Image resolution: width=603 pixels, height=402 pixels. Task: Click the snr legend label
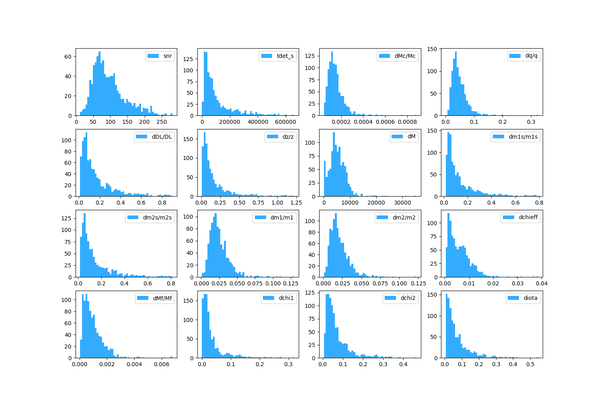pyautogui.click(x=168, y=56)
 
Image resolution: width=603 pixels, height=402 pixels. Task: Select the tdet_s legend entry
pyautogui.click(x=285, y=56)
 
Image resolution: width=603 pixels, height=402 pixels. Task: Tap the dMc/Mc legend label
pyautogui.click(x=405, y=56)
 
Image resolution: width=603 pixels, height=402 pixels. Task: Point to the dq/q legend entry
pyautogui.click(x=531, y=56)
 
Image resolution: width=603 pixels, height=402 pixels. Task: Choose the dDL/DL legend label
pyautogui.click(x=162, y=137)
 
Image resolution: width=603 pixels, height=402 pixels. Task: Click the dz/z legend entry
pyautogui.click(x=288, y=137)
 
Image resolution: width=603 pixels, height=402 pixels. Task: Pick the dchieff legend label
pyautogui.click(x=528, y=217)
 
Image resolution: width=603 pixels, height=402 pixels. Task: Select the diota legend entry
pyautogui.click(x=530, y=298)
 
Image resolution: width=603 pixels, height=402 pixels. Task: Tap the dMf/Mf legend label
pyautogui.click(x=162, y=298)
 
